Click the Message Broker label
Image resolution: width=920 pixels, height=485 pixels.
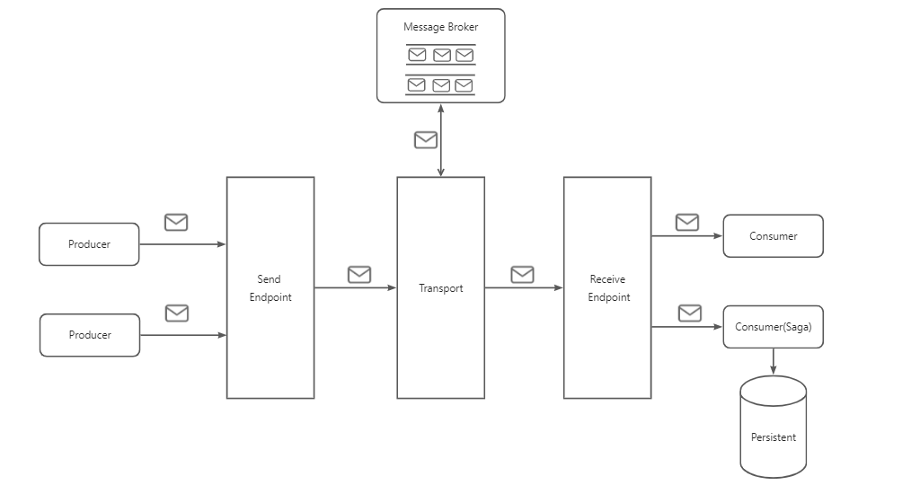click(440, 27)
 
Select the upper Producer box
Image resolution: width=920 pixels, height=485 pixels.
click(89, 244)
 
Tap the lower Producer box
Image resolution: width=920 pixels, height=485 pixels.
click(90, 335)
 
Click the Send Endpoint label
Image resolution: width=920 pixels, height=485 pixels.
click(270, 288)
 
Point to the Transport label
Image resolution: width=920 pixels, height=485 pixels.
click(440, 288)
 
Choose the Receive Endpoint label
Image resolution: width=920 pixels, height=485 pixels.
click(608, 288)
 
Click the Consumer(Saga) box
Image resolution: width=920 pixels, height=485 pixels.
click(773, 327)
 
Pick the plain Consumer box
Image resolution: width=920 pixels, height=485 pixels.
click(773, 236)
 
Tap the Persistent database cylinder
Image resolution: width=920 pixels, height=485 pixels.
click(773, 428)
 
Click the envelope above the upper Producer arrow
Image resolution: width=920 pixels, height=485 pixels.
click(176, 222)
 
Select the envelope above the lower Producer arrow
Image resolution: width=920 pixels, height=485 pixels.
click(177, 313)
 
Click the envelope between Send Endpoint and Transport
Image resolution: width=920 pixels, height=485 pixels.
click(359, 274)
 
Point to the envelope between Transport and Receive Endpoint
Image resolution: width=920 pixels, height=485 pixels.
click(522, 274)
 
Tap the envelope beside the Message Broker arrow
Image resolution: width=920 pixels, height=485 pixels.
click(425, 140)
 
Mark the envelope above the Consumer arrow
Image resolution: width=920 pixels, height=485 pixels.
click(687, 222)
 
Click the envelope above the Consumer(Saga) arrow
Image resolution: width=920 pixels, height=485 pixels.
click(690, 313)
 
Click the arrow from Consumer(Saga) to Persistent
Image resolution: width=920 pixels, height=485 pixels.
click(774, 362)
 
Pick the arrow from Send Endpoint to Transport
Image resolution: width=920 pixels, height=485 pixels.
click(355, 288)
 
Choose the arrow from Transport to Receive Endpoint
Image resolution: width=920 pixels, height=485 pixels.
click(524, 288)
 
